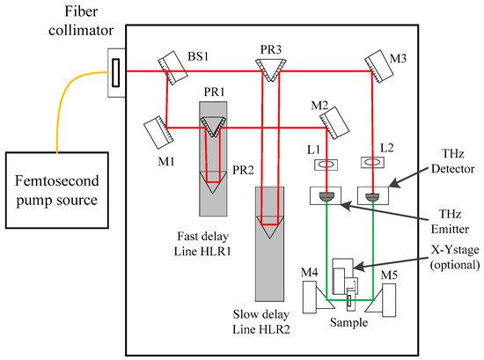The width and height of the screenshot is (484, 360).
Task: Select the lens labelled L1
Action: point(325,164)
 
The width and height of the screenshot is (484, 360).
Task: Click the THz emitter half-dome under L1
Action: point(326,196)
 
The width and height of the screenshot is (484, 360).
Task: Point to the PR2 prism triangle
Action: point(213,183)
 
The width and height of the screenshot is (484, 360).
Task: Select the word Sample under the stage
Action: point(349,322)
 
